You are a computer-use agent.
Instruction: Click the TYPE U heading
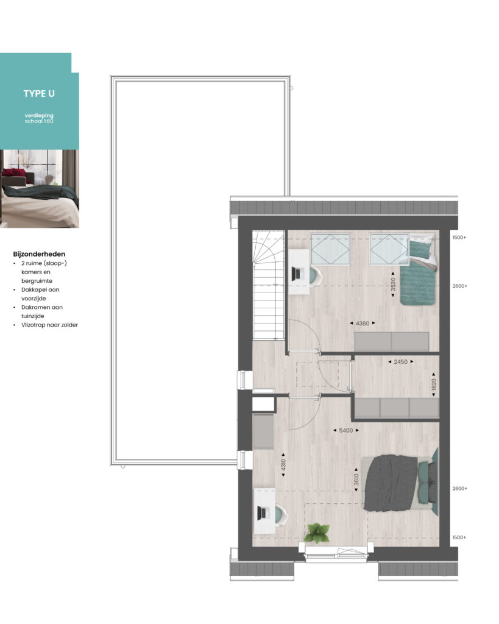(39, 93)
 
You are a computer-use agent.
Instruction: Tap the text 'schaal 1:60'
(39, 121)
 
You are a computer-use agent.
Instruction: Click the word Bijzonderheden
(39, 254)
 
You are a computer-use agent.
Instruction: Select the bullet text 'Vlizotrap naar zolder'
(50, 325)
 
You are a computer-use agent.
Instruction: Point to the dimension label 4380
(363, 324)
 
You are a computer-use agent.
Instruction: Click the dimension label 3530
(393, 285)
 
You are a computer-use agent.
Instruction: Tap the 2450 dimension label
(401, 362)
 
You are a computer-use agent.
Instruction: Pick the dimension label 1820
(434, 385)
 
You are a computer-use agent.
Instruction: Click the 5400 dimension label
(346, 431)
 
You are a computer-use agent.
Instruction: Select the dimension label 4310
(283, 465)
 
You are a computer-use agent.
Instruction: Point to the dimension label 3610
(356, 480)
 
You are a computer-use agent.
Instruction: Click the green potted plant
(317, 533)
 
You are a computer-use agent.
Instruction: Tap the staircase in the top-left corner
(269, 285)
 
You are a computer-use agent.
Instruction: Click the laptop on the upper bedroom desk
(297, 274)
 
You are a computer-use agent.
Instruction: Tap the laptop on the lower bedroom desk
(262, 513)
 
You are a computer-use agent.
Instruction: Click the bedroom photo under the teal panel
(40, 189)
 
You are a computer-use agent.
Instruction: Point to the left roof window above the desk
(330, 249)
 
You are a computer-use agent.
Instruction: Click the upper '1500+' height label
(459, 238)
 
